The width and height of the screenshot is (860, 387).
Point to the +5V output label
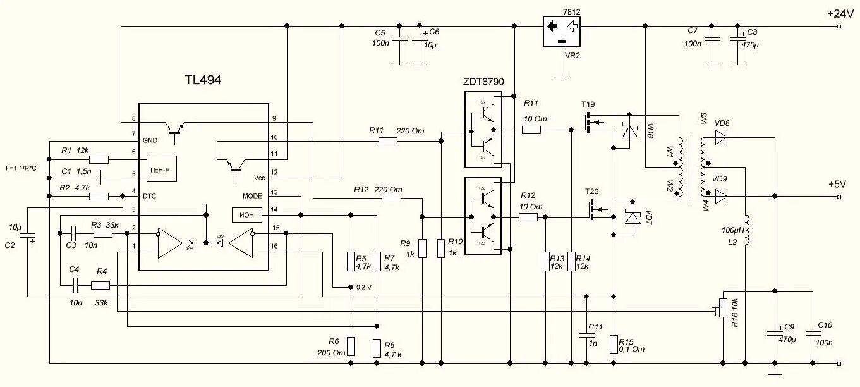tap(837, 185)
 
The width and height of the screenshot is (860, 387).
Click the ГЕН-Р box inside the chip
tap(162, 170)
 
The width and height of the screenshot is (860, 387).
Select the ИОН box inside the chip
tap(246, 215)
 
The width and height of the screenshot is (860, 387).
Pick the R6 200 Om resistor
tap(350, 347)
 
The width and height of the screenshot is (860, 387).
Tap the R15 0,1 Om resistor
tap(613, 345)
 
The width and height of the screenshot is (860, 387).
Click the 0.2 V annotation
tap(363, 286)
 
